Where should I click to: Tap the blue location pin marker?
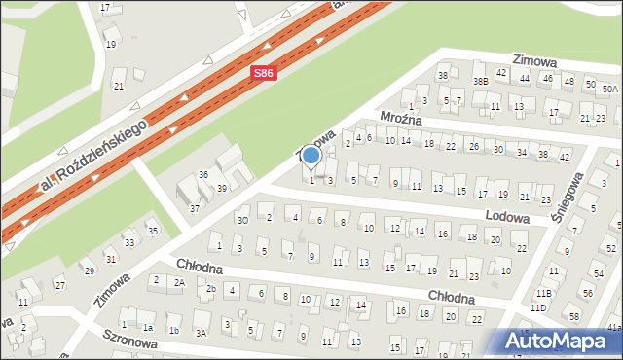coord(311,156)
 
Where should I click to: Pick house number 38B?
coord(479,81)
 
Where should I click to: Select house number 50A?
coord(609,89)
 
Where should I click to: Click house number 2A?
coord(179,282)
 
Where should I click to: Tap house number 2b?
coord(210,288)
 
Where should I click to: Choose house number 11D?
coord(538,307)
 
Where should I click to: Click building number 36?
coord(203,174)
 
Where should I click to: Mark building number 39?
coord(221,188)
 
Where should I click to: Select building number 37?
coord(194,208)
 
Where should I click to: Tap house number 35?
coord(152,231)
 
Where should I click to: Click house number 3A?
coord(201,332)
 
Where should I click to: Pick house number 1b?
coord(173,330)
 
